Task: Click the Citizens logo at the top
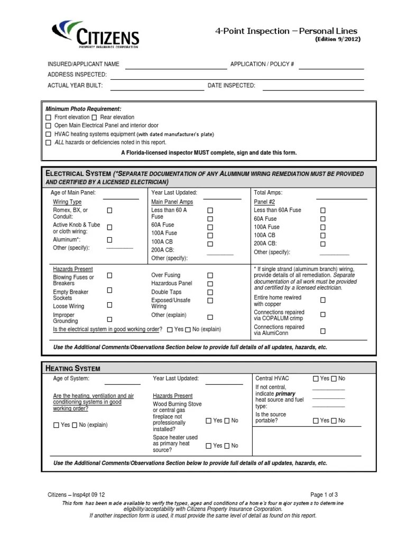pos(95,34)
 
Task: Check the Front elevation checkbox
pos(48,117)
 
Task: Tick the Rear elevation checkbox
pos(94,117)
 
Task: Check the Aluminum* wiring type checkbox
pos(110,240)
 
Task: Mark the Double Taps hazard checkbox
pos(210,292)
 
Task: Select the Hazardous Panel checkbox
pos(210,284)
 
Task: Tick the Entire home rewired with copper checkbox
pos(322,300)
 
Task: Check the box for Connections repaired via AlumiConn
pos(322,331)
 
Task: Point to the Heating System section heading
pos(73,368)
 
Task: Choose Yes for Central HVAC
pos(316,379)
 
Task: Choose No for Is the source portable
pos(333,421)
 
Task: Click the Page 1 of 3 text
pos(324,495)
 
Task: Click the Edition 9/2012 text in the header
pos(338,40)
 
